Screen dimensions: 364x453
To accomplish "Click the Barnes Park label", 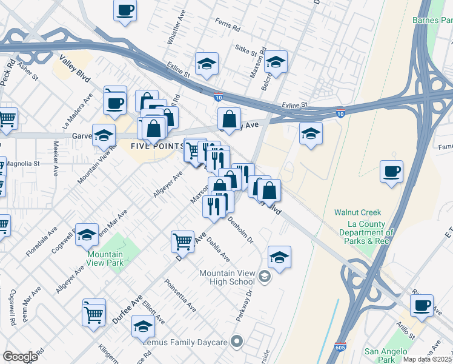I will tap(432, 20).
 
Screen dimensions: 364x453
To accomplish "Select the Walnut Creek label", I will tap(358, 212).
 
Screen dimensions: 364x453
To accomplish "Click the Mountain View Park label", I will tap(105, 258).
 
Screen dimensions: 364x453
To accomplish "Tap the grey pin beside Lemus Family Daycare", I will tap(237, 343).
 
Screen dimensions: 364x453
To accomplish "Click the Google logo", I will tap(20, 357).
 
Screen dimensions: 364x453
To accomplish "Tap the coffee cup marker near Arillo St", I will tap(422, 305).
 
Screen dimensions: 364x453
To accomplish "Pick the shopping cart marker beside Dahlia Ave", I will tap(182, 241).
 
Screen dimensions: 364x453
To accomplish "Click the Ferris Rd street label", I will tap(227, 25).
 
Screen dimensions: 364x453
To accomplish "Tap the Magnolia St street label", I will tap(23, 164).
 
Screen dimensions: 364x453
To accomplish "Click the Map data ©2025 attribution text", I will tap(428, 359).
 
